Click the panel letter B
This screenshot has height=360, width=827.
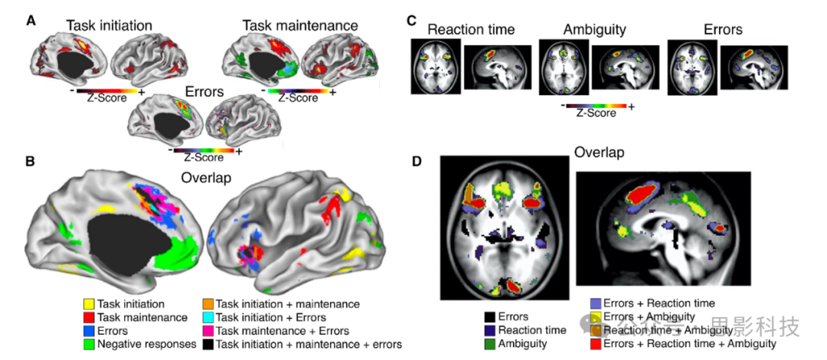click(31, 162)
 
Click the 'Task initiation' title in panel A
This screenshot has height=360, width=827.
click(109, 25)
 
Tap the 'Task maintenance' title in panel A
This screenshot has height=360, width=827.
click(300, 25)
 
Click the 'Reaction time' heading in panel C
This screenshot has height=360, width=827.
click(471, 30)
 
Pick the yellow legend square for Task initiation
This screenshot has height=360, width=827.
click(90, 304)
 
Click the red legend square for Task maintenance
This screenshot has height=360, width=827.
click(90, 317)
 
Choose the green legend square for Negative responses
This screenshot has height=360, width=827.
click(90, 345)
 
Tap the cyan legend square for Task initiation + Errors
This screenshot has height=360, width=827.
click(208, 317)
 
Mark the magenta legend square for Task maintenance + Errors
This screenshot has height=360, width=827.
click(208, 331)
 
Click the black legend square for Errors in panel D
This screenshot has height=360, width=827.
click(489, 316)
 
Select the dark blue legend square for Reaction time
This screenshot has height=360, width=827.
click(489, 330)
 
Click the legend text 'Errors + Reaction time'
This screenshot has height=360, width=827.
click(659, 303)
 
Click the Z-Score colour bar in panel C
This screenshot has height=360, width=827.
click(596, 105)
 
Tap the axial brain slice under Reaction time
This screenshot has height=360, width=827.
click(434, 67)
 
